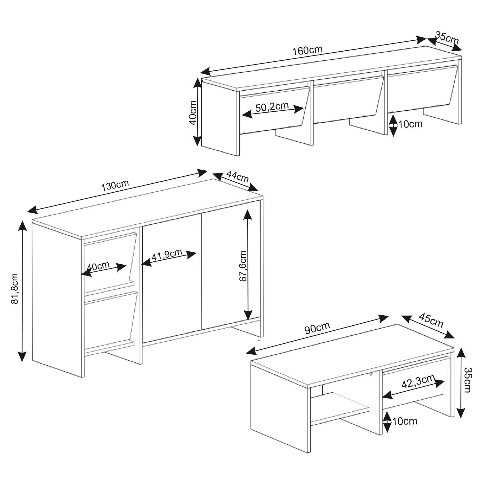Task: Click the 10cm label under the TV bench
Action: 410,124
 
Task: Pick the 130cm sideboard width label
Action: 115,185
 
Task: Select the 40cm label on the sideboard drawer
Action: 98,267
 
